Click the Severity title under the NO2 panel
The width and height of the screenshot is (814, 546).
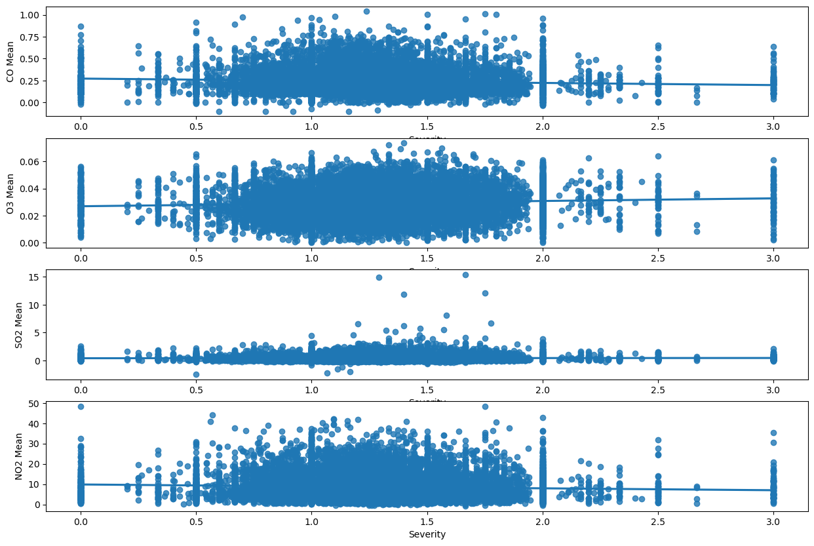coord(427,534)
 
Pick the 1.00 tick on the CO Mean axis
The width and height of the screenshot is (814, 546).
coord(32,14)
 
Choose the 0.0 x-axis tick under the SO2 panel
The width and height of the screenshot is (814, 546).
coord(81,391)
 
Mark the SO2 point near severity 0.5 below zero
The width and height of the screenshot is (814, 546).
coord(196,374)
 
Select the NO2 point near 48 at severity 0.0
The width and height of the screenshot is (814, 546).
coord(81,406)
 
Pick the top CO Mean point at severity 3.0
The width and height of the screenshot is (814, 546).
coord(773,47)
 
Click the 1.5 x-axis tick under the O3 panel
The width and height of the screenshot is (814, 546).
coord(427,258)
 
